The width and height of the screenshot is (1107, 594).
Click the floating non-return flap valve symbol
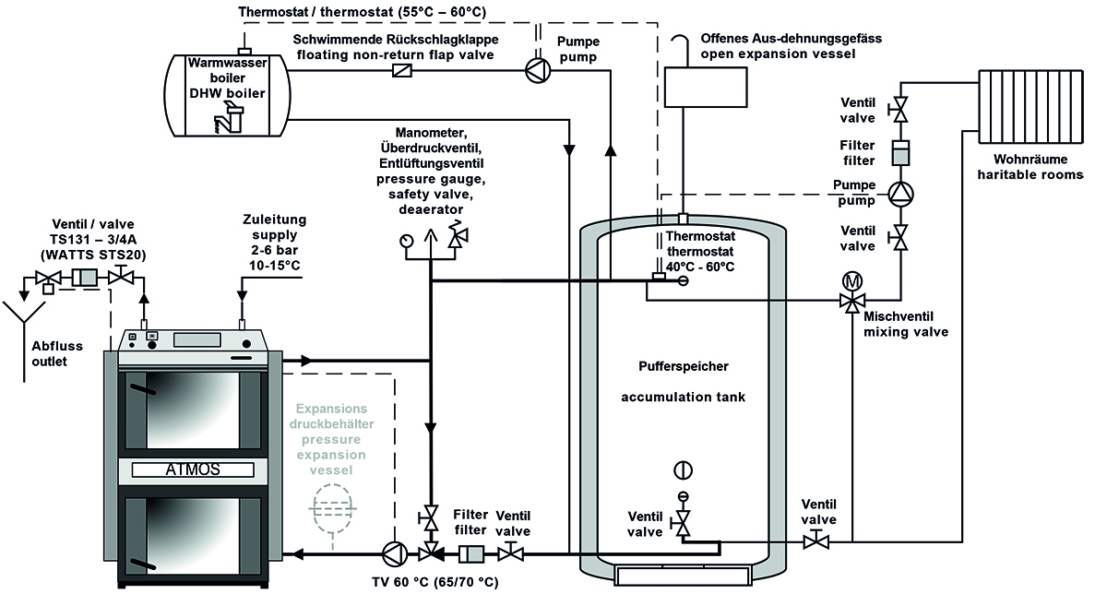(401, 71)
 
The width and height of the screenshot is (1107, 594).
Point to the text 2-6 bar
(274, 252)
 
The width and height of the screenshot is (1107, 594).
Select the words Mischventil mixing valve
(906, 324)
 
